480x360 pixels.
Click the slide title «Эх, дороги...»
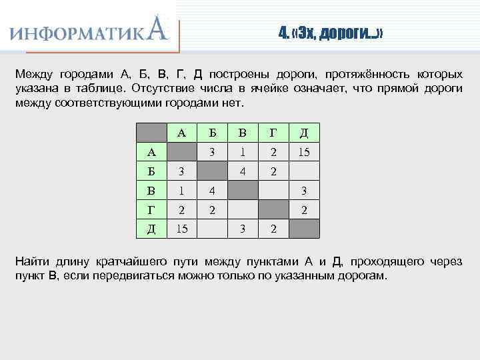pyautogui.click(x=331, y=33)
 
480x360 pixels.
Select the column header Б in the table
pyautogui.click(x=213, y=133)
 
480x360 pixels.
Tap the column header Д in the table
pyautogui.click(x=303, y=133)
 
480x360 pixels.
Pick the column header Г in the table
pyautogui.click(x=273, y=133)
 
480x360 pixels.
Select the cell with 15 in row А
pyautogui.click(x=303, y=152)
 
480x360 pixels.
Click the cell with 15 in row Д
pyautogui.click(x=181, y=229)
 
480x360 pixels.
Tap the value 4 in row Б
pyautogui.click(x=243, y=171)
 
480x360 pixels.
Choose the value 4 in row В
pyautogui.click(x=213, y=191)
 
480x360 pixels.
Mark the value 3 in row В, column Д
pyautogui.click(x=303, y=191)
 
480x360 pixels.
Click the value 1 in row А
pyautogui.click(x=243, y=152)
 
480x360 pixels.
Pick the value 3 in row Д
pyautogui.click(x=243, y=229)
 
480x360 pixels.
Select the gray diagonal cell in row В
pyautogui.click(x=243, y=191)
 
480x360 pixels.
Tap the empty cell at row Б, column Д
pyautogui.click(x=303, y=171)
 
